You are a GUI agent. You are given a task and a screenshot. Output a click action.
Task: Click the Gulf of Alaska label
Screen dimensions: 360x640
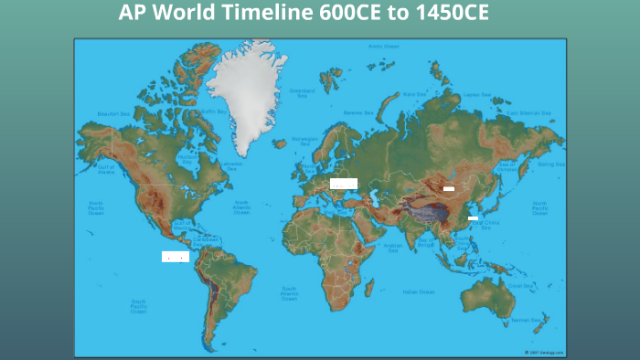pyautogui.click(x=105, y=169)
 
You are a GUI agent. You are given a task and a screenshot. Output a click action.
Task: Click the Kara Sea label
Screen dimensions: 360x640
pyautogui.click(x=414, y=94)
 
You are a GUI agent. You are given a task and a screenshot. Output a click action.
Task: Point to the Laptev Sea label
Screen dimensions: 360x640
pyautogui.click(x=476, y=94)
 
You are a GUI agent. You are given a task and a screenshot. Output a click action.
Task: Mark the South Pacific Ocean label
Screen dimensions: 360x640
pyautogui.click(x=139, y=306)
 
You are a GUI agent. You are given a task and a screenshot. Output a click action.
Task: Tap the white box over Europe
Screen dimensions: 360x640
pyautogui.click(x=344, y=184)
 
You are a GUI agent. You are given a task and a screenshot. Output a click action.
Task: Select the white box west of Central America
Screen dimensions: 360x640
pyautogui.click(x=175, y=257)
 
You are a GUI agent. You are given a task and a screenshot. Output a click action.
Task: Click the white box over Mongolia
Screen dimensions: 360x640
pyautogui.click(x=448, y=188)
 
